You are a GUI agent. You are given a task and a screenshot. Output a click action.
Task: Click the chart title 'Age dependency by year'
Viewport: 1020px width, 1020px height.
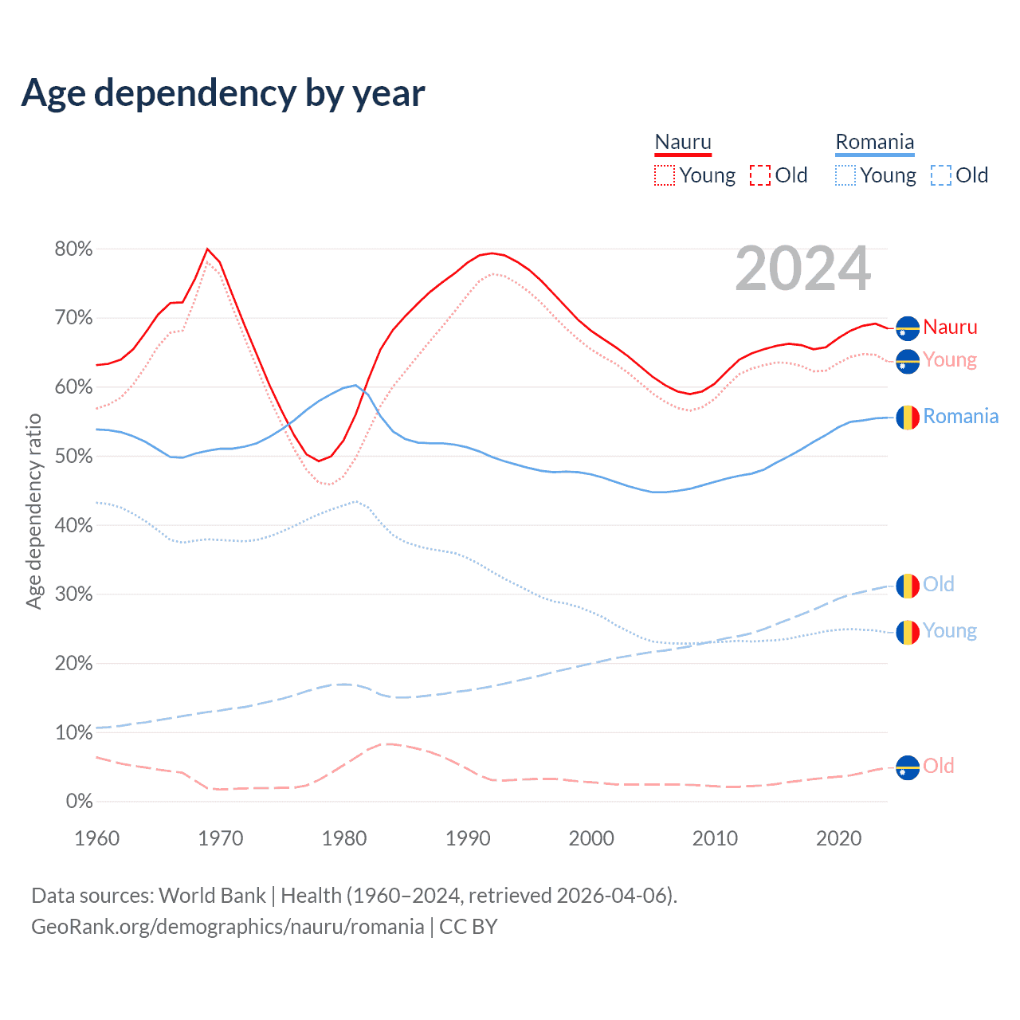click(x=223, y=93)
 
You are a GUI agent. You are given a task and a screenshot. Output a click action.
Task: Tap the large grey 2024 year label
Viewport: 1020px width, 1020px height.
click(x=802, y=269)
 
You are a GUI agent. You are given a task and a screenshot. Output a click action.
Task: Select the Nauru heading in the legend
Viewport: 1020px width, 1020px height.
click(x=683, y=142)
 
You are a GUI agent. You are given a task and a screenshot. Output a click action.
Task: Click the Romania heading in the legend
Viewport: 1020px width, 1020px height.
click(x=874, y=142)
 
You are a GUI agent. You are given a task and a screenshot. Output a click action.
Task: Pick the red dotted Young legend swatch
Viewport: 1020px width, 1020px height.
click(x=664, y=175)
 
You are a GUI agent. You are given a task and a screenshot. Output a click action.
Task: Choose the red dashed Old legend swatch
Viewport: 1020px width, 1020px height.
click(x=759, y=175)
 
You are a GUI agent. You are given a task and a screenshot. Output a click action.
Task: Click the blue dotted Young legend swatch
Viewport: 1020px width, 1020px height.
click(x=845, y=175)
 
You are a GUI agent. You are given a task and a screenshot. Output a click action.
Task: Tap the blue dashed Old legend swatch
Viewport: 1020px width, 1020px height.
click(x=940, y=175)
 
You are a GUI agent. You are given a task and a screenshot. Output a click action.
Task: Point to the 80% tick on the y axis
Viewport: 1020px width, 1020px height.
click(x=73, y=249)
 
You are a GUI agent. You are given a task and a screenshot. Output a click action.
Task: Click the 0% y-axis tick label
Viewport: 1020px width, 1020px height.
click(x=79, y=802)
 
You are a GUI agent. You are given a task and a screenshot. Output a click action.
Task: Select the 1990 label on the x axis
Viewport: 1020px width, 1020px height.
click(x=468, y=838)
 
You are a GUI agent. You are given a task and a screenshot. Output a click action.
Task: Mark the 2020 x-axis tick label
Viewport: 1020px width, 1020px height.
click(x=838, y=838)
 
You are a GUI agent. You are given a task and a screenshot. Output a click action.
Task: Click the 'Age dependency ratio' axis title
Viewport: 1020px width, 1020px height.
click(x=33, y=511)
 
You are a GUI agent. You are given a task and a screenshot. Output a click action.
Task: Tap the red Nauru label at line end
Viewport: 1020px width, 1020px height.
click(x=950, y=328)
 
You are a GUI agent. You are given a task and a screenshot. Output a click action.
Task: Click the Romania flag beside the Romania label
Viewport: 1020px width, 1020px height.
click(x=908, y=417)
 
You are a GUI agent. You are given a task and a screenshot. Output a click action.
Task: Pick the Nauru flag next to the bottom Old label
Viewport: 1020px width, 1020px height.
click(x=908, y=768)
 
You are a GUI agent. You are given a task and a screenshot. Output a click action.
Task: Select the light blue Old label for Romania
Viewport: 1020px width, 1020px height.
click(x=938, y=584)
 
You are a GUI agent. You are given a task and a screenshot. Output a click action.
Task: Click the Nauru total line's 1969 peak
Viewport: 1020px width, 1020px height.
click(x=207, y=249)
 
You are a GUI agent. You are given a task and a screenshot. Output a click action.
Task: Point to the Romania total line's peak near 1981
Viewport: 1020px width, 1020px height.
click(x=355, y=385)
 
